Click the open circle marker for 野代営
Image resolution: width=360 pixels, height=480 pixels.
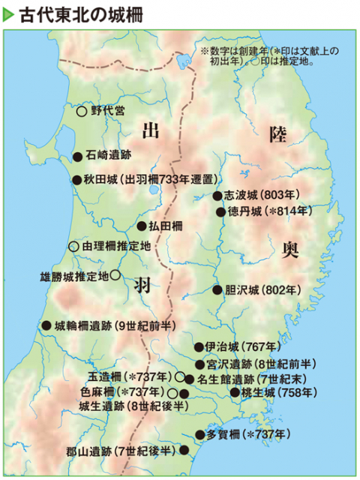[x=82, y=110]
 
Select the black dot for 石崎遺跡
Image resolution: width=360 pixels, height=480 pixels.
[x=77, y=157]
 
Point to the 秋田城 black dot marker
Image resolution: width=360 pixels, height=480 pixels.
[x=76, y=180]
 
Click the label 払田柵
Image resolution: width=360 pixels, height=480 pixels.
[x=165, y=225]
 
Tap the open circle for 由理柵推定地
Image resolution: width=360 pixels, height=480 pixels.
[x=73, y=245]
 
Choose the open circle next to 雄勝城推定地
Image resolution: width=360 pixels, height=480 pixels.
[x=115, y=275]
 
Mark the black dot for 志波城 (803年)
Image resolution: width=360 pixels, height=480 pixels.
[x=217, y=196]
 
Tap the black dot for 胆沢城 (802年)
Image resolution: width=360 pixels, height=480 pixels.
[x=217, y=289]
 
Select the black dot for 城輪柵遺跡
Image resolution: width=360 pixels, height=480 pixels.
[x=46, y=325]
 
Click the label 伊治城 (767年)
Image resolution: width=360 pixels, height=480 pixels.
[x=232, y=347]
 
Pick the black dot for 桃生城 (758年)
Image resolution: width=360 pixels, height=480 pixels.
[x=235, y=391]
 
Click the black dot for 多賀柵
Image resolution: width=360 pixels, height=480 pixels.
[x=199, y=433]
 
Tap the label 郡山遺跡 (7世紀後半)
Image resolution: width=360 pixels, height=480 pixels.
[x=119, y=451]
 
